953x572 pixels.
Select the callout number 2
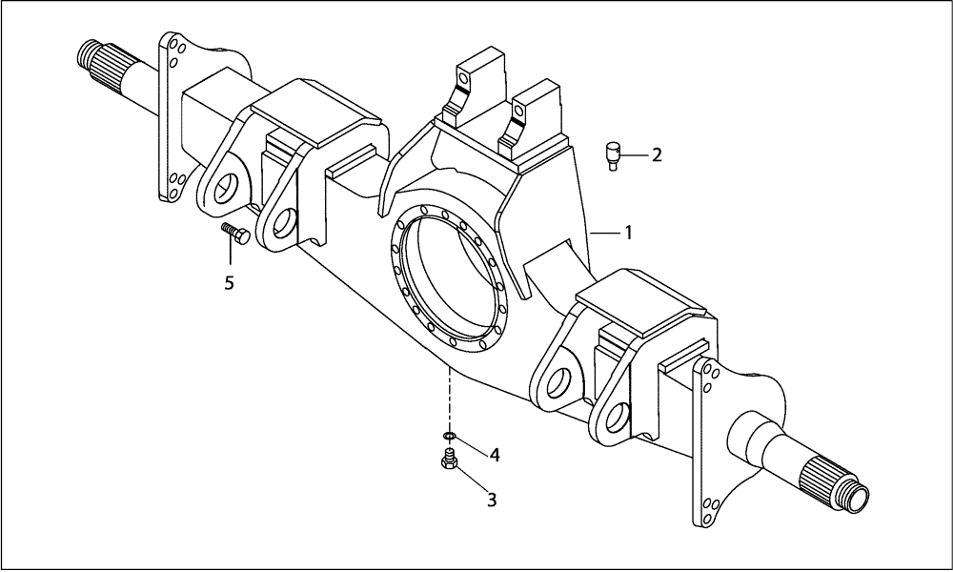[657, 154]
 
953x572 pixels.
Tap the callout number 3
[492, 498]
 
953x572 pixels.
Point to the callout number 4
[495, 455]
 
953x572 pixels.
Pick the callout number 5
[229, 282]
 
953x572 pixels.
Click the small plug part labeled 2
[614, 153]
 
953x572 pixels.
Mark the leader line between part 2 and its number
[636, 154]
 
